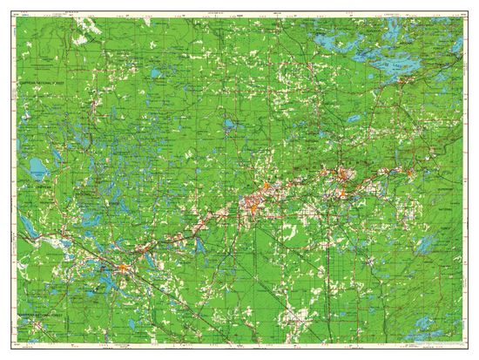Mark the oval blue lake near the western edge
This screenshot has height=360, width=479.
(x=35, y=165)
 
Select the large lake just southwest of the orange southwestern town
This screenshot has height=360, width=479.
(x=108, y=281)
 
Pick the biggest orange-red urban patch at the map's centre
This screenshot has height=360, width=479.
(x=255, y=206)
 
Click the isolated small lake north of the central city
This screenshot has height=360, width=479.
(x=229, y=126)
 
